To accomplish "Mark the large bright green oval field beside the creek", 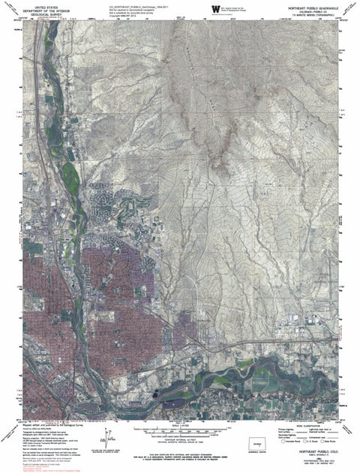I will [x=73, y=178].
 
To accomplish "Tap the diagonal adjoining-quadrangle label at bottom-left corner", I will [x=10, y=433].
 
